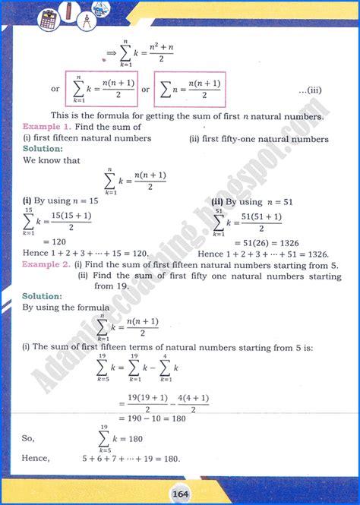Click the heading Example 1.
click(x=46, y=127)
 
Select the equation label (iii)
click(x=313, y=90)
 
